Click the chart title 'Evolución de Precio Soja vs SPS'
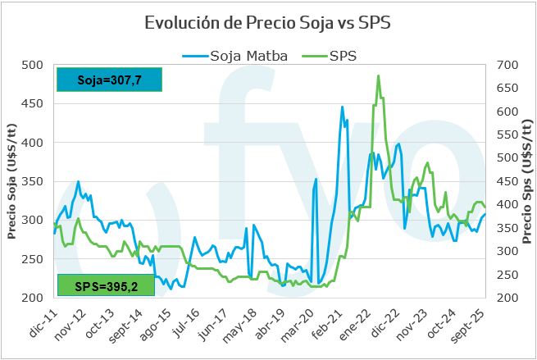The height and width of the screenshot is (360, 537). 268,22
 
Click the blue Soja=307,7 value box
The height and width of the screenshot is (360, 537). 109,80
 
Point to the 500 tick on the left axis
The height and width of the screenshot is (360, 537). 32,65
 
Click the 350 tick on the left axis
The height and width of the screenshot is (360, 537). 32,181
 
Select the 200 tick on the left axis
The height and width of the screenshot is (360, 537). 32,298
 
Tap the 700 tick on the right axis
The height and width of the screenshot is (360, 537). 508,65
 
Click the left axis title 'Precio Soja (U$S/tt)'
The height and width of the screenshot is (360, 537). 11,182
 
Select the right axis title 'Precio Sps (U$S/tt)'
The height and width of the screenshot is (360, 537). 528,182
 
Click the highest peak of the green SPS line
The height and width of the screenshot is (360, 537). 378,76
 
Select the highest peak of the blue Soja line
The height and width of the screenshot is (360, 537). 343,107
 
